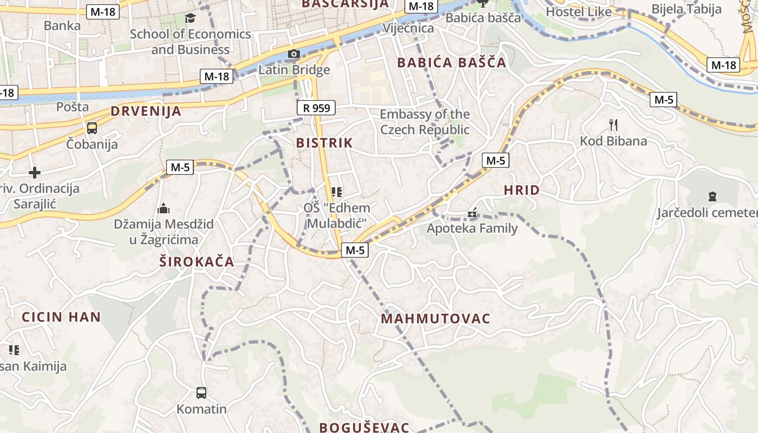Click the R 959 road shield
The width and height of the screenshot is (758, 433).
316,108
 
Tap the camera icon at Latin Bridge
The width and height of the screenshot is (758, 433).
294,54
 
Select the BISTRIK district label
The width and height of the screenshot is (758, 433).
324,143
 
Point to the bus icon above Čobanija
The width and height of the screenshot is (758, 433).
92,128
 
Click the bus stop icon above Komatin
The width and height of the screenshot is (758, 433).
201,392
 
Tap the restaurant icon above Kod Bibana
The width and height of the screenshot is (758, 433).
613,125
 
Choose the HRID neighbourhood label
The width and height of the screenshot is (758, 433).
521,190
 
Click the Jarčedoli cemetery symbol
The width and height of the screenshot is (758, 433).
712,196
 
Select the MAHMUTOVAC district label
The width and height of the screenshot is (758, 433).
435,319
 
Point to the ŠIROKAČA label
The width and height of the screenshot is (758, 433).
197,262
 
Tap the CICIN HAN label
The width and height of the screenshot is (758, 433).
61,317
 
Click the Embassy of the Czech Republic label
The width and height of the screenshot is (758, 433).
424,122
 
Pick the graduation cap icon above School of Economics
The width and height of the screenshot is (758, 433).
190,18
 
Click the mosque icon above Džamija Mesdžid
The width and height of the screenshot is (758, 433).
164,208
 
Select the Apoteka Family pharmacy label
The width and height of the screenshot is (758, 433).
472,228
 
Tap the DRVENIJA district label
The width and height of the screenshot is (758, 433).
146,111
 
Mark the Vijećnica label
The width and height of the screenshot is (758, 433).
408,28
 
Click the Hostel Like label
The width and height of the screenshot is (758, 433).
579,12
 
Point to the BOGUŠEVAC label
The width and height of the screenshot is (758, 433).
364,427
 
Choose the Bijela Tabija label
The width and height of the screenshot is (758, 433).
687,9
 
